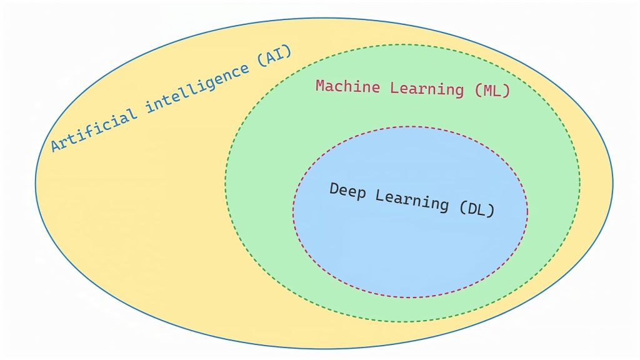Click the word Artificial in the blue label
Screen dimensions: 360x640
[x=94, y=128]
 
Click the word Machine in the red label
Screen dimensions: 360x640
[x=349, y=87]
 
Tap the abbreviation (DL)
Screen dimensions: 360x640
[x=477, y=209]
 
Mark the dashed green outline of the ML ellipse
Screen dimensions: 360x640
[x=226, y=181]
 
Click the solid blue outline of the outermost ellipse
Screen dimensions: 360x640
[x=36, y=181]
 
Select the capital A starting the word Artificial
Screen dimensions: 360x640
[x=56, y=146]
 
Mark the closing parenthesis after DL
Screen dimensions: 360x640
[x=491, y=211]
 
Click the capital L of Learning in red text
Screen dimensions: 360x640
[x=394, y=87]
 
